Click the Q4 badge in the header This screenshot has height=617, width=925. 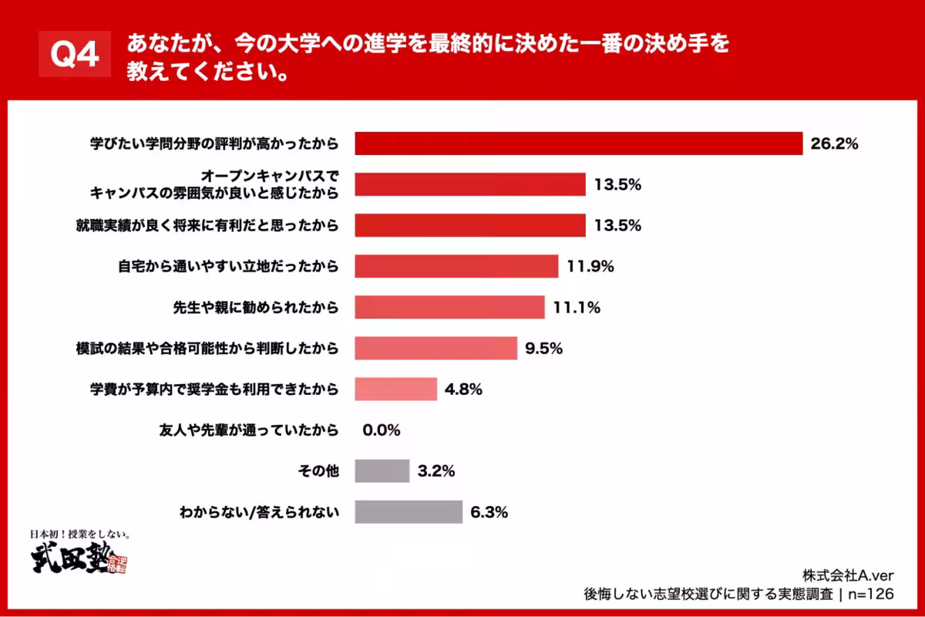75,56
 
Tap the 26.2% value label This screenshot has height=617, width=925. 833,143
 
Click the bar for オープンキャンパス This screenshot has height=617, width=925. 470,184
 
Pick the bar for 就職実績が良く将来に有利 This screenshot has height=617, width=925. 470,225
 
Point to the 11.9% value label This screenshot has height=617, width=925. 590,266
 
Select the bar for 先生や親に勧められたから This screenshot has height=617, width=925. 449,307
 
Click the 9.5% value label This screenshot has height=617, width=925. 543,348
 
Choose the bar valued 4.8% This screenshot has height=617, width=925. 395,389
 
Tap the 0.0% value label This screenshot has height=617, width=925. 381,430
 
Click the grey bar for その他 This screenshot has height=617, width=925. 382,471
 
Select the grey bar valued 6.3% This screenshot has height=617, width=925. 409,512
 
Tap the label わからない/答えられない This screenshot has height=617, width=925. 259,512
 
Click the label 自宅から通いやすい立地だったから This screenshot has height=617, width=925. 228,266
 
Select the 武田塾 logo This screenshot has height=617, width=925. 77,557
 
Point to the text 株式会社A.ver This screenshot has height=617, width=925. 848,575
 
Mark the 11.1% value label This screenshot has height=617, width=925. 577,307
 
